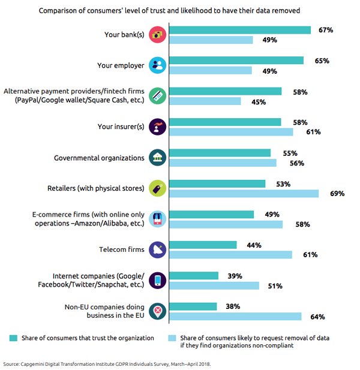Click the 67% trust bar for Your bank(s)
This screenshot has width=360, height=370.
[240, 30]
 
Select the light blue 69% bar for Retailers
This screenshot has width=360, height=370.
[244, 194]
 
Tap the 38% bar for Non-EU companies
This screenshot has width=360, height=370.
[193, 306]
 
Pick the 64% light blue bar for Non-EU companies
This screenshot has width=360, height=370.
[235, 317]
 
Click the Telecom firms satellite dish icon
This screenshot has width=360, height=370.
[157, 250]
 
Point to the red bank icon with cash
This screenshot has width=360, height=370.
[157, 35]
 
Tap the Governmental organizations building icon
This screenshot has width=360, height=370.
[157, 158]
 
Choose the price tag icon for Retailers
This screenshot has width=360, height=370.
[157, 188]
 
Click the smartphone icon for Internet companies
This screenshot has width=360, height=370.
[157, 281]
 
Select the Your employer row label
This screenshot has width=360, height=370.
[121, 65]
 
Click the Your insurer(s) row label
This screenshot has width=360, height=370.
[121, 127]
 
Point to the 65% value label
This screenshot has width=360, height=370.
[322, 61]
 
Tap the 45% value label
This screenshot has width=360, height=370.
[259, 102]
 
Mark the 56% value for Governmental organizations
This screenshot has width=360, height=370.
[297, 163]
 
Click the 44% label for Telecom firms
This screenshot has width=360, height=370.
[254, 245]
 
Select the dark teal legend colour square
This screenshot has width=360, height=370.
[13, 338]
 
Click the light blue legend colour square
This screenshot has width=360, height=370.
[172, 338]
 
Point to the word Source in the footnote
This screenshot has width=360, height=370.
[11, 364]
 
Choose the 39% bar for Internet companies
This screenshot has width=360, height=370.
[194, 276]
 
